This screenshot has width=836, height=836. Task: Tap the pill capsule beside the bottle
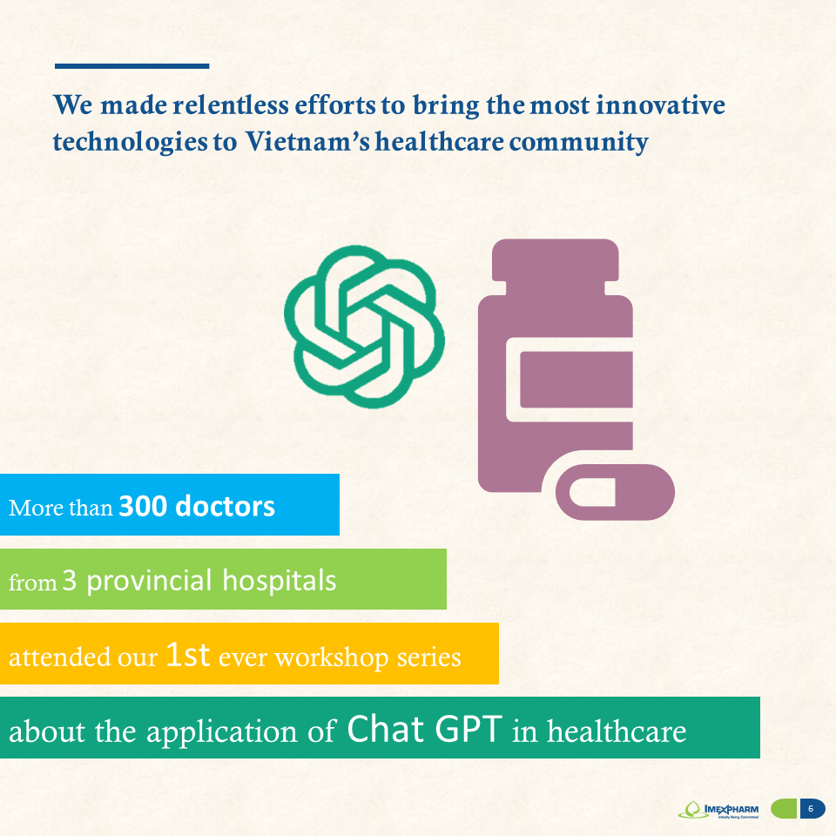click(616, 491)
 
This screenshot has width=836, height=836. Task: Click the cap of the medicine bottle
click(555, 260)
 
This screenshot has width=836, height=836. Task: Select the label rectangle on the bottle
click(576, 380)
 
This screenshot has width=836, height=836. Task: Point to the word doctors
click(225, 506)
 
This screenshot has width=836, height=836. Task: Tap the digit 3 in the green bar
click(70, 581)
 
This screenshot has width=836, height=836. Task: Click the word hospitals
click(279, 580)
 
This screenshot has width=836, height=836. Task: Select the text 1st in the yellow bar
click(188, 654)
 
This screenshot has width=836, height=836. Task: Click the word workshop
click(332, 657)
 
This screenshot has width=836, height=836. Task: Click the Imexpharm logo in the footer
click(718, 809)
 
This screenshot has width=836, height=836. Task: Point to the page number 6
click(811, 809)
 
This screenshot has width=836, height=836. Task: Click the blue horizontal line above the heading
click(131, 66)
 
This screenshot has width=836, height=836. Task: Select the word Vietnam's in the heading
click(307, 141)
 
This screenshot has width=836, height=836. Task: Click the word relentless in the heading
click(231, 104)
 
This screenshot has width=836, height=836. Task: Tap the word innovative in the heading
click(661, 104)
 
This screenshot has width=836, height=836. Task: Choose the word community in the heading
click(579, 142)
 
